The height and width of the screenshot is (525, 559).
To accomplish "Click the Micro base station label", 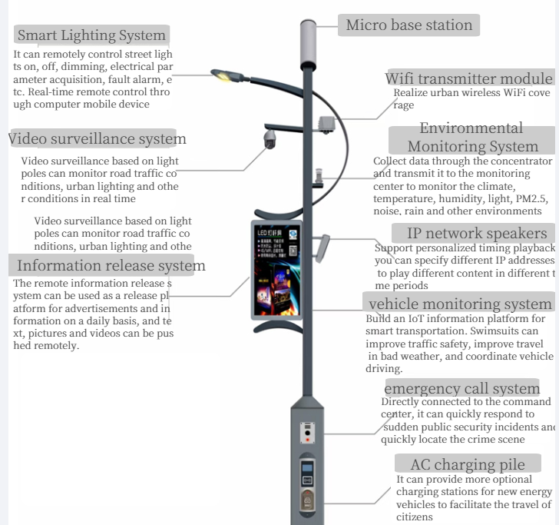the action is point(408,25).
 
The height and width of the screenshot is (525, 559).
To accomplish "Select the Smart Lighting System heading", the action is point(91,35).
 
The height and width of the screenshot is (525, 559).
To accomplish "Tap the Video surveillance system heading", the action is point(97,139).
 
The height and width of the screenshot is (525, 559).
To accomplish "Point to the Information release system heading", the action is point(111,266).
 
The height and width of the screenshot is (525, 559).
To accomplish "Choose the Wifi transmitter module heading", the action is point(468,79).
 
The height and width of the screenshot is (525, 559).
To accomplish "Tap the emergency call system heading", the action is point(462,388).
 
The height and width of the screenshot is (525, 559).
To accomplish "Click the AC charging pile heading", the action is point(468,464).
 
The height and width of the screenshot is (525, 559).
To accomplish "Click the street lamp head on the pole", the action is point(224,75).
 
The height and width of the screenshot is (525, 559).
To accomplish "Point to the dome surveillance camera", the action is point(270,139).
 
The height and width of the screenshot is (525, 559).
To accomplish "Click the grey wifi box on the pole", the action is point(327,122).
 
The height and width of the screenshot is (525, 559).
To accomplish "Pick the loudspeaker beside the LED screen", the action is point(326,246).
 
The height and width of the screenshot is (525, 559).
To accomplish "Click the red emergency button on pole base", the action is point(308,441).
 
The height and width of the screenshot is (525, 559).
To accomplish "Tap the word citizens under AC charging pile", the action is point(415,517).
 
